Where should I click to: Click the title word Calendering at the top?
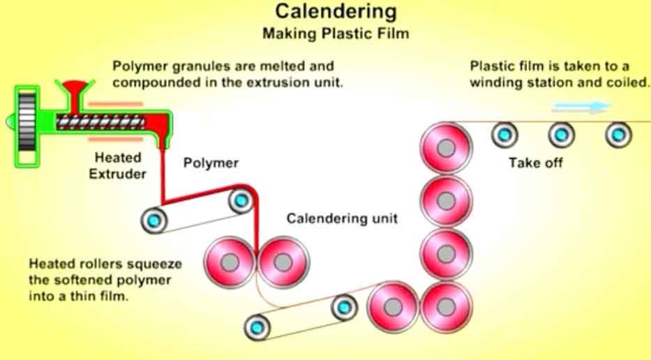(x=336, y=12)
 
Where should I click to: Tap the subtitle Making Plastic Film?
(x=336, y=33)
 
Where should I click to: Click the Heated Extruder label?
(x=117, y=166)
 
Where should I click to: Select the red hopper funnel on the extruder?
(x=72, y=91)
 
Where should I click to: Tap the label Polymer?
(x=211, y=163)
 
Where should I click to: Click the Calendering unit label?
(x=342, y=218)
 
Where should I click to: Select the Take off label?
(x=535, y=163)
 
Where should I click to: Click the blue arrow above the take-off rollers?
(x=581, y=107)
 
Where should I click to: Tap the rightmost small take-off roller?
(x=617, y=134)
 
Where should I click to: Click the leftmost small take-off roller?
(x=504, y=134)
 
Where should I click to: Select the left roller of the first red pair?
(x=230, y=262)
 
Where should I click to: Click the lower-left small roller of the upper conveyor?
(x=154, y=220)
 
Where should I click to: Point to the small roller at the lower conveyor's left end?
(x=257, y=326)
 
